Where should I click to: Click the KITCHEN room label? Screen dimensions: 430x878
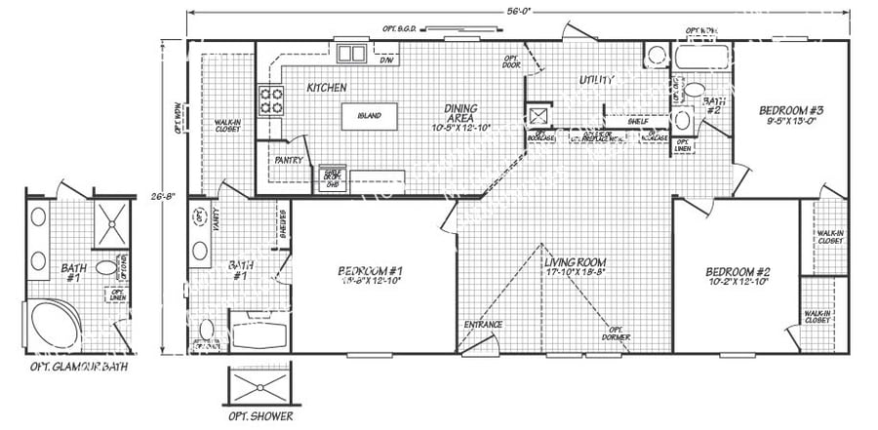point(327,88)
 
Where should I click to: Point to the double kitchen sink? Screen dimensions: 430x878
point(350,53)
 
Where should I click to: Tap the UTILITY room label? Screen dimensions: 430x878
point(595,79)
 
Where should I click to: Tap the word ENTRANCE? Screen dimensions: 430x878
point(483,324)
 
